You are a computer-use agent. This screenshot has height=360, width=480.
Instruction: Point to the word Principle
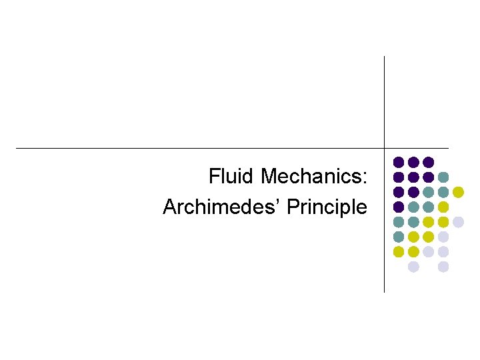[x=327, y=207]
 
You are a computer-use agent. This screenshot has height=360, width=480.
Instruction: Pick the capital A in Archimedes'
[x=169, y=207]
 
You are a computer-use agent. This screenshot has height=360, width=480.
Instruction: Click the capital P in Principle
[x=292, y=207]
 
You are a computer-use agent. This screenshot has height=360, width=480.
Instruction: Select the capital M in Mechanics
[x=269, y=177]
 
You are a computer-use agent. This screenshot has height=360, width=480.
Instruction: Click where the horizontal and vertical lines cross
[x=385, y=148]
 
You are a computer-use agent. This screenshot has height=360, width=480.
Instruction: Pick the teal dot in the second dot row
[x=443, y=177]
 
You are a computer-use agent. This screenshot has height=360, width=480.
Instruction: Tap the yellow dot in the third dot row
[x=458, y=192]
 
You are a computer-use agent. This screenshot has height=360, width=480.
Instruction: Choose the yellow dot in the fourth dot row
[x=443, y=207]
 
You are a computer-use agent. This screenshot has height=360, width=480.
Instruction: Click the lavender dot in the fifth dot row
[x=458, y=222]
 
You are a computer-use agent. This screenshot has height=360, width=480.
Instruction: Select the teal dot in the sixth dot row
[x=399, y=237]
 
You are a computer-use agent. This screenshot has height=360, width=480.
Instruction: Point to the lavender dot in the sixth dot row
[x=443, y=237]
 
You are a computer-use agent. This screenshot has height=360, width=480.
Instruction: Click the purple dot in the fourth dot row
[x=399, y=207]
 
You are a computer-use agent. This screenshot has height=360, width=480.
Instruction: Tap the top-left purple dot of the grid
[x=399, y=162]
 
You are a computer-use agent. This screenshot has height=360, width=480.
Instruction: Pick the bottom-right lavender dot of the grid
[x=443, y=267]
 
